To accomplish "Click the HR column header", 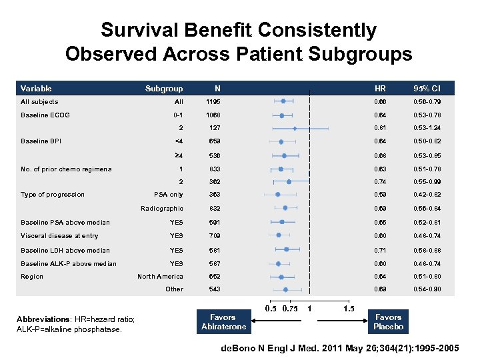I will pos(380,88).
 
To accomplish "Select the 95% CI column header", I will pos(427,88).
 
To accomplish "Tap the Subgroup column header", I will pos(164,88).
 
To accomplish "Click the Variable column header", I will pos(36,88).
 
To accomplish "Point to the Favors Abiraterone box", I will pos(223,322).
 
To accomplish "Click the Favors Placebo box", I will pos(388,322).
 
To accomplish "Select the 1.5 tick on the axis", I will pos(348,308).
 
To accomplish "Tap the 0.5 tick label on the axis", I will pos(271,308).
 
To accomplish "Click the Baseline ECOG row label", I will pos(45,115).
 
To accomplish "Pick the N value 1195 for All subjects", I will pos(213,102).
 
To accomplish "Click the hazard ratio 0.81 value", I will pos(380,128).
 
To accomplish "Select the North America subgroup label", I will pos(160,277).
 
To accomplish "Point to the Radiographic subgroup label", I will pos(161,209).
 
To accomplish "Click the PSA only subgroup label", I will pos(168,195).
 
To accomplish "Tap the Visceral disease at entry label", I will pos(59,236).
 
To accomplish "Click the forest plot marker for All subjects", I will pos(283,101).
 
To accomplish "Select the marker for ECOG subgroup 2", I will pos(295,128).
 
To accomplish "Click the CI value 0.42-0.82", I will pos(427,195).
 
